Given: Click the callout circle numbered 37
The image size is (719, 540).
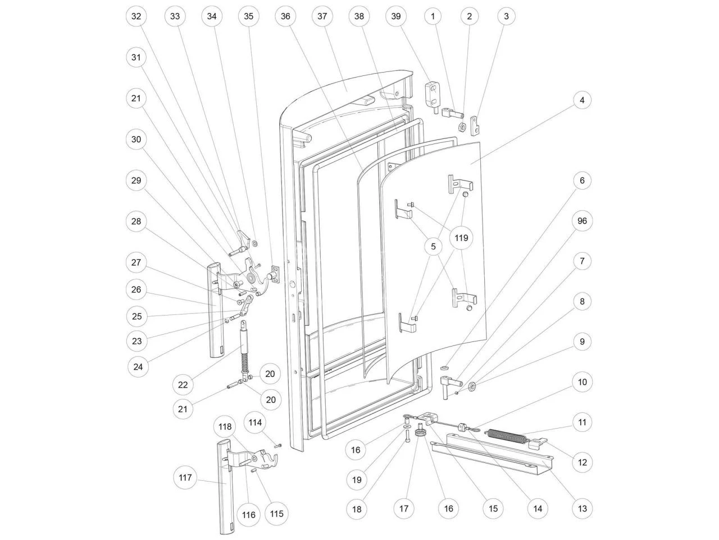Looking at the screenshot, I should [322, 17].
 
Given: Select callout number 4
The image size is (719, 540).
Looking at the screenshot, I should [582, 100].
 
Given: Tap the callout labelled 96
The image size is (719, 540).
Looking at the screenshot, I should [582, 221].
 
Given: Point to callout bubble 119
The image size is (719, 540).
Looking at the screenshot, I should [461, 238].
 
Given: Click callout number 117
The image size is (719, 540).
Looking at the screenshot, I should [186, 478].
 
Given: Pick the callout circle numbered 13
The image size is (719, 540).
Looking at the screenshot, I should [582, 509].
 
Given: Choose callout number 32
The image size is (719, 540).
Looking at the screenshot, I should [136, 17].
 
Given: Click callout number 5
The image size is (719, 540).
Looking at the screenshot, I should [433, 245].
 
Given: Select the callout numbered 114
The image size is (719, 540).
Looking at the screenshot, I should [256, 422].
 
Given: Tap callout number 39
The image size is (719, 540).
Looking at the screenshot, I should [396, 17].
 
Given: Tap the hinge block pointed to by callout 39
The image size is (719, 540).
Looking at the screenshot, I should [431, 92].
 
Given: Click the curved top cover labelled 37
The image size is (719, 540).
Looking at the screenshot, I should [348, 87].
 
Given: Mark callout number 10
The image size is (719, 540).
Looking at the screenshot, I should [582, 382].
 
